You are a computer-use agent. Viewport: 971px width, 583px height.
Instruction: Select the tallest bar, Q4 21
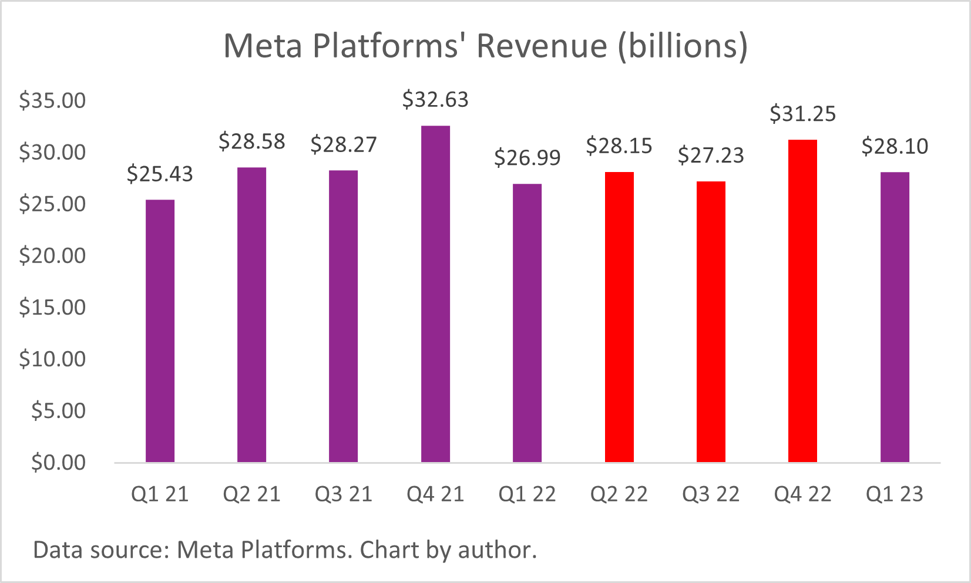(x=435, y=294)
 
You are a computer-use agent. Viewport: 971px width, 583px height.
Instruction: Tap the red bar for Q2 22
(x=619, y=317)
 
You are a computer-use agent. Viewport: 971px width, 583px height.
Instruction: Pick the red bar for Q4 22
(x=802, y=301)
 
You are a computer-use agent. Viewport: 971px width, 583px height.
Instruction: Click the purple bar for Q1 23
(x=895, y=317)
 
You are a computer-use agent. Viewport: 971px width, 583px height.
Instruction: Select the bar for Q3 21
(x=343, y=316)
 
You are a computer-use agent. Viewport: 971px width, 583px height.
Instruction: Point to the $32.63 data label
(x=435, y=100)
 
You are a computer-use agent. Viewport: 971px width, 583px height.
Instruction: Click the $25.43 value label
(x=160, y=174)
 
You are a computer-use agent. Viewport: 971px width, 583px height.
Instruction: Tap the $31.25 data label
(x=802, y=114)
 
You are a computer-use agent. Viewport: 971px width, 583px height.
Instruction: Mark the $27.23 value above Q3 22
(x=711, y=156)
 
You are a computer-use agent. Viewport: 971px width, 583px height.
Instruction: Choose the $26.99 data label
(x=527, y=158)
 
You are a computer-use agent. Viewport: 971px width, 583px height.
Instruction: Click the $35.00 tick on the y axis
(x=52, y=100)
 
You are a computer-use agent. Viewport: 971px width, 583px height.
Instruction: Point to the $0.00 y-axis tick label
(x=58, y=463)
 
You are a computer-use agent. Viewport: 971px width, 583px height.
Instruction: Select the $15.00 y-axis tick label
(x=52, y=308)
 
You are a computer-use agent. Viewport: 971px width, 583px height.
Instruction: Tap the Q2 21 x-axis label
(x=251, y=494)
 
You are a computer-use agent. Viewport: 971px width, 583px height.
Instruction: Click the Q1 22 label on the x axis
(x=527, y=494)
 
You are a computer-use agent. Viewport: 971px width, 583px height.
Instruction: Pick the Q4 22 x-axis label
(x=802, y=494)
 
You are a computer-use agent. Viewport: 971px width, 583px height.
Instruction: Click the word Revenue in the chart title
(x=541, y=46)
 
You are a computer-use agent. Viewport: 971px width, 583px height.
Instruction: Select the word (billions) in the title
(x=683, y=46)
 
